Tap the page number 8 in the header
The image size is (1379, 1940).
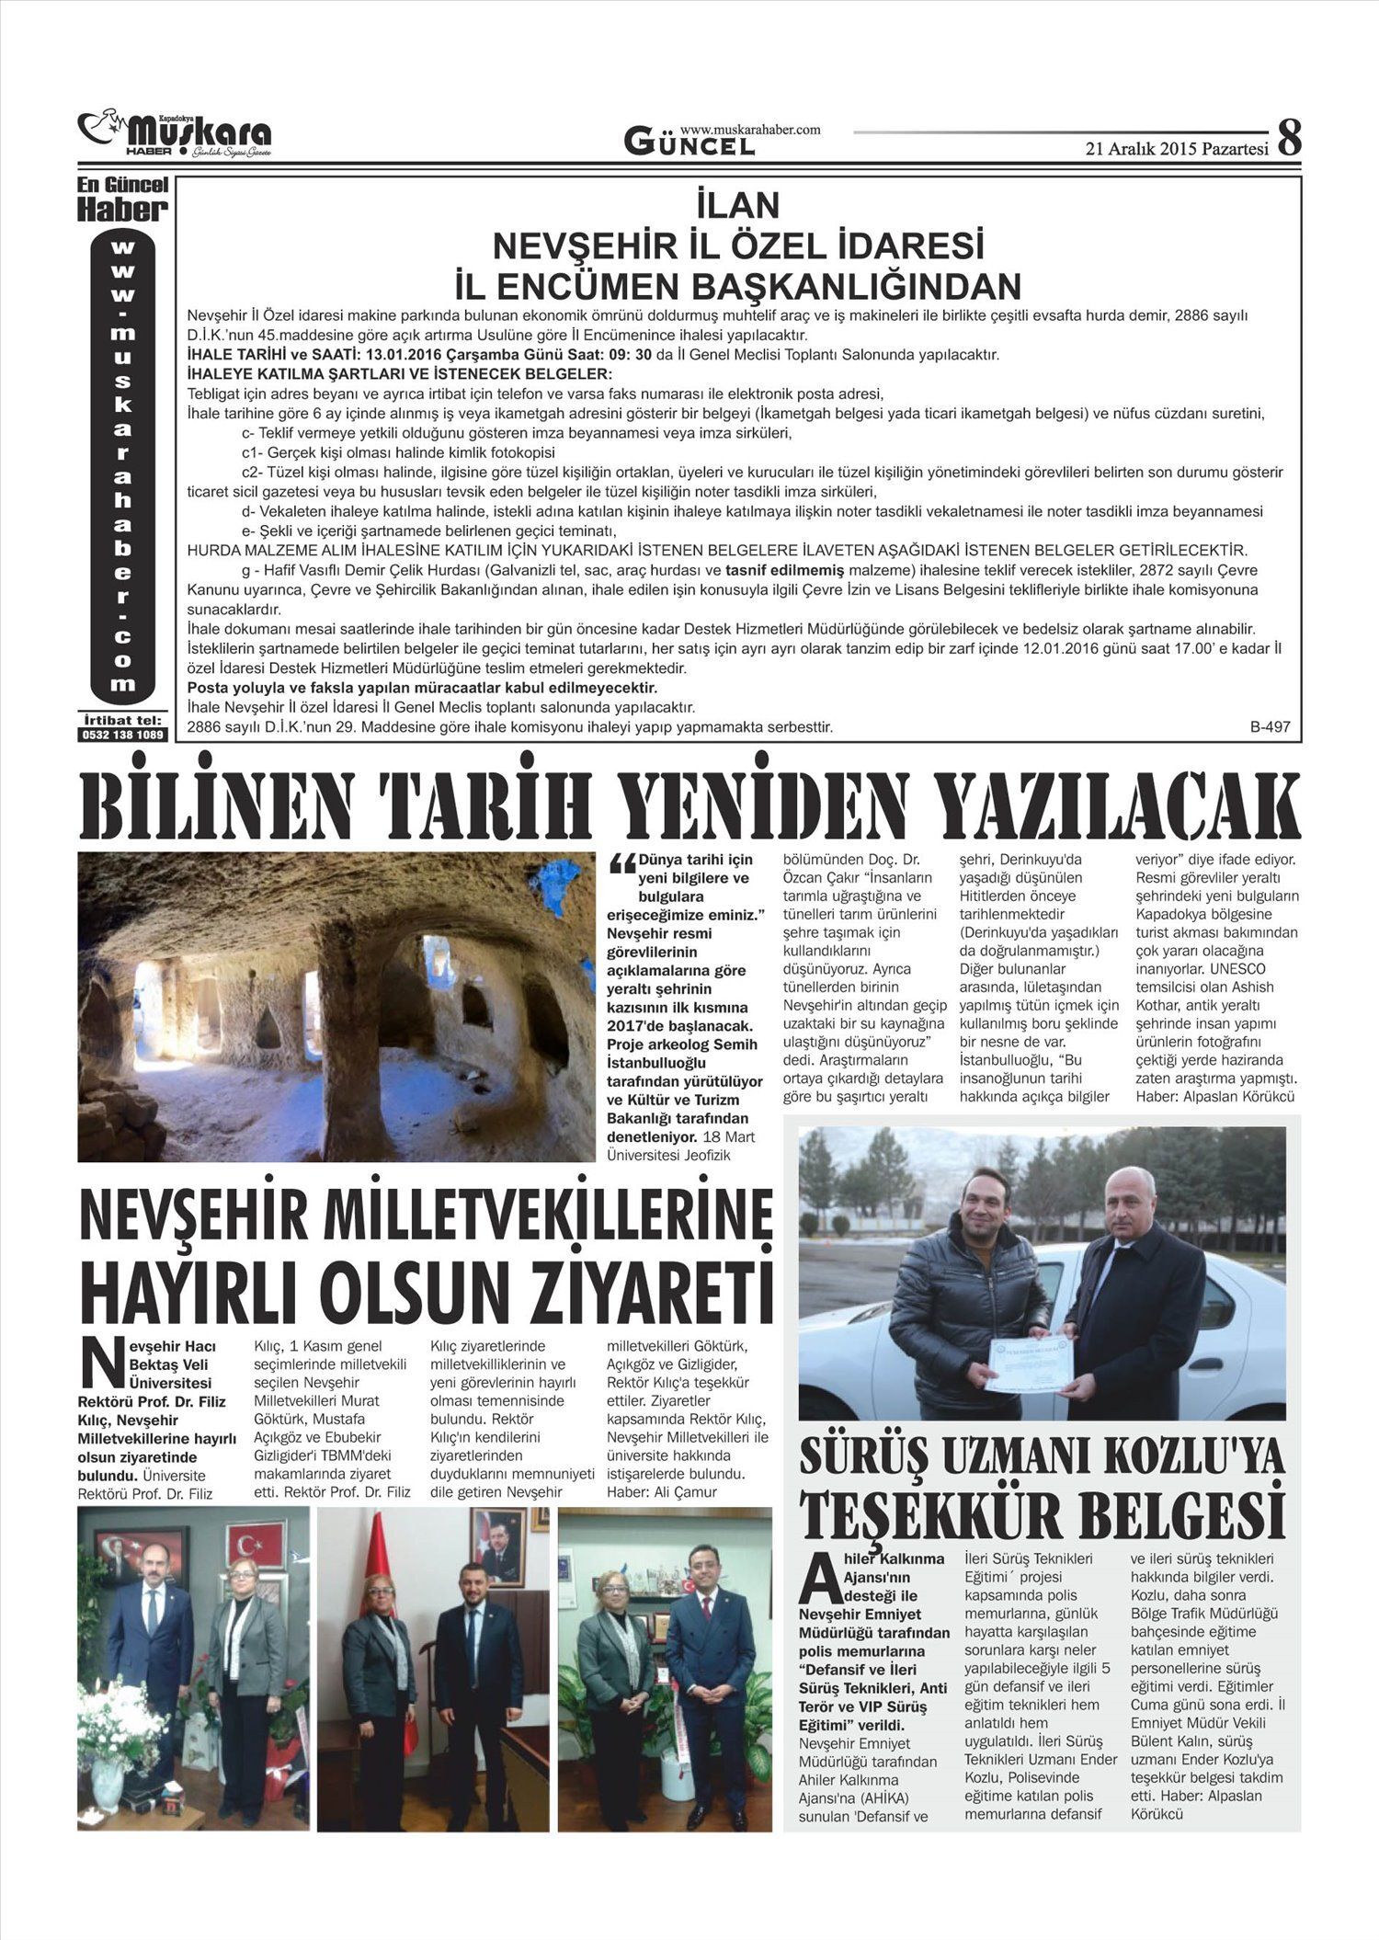pos(1289,138)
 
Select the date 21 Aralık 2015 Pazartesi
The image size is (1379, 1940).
pos(1177,149)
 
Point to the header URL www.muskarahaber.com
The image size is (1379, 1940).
pos(750,131)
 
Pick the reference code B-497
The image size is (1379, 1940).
pos(1270,726)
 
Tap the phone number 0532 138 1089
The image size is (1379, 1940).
pos(123,736)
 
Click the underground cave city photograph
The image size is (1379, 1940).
pos(336,1007)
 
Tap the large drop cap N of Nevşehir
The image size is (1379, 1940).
pos(100,1364)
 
